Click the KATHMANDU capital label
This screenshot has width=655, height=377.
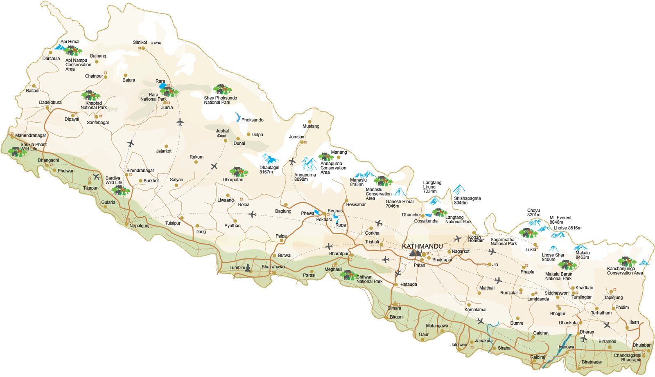[422, 246]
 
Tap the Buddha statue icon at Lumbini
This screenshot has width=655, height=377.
[247, 268]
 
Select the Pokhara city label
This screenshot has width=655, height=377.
[324, 220]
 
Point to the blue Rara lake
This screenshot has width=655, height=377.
[163, 86]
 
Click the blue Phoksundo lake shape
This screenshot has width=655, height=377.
[237, 118]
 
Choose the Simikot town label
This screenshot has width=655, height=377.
[140, 43]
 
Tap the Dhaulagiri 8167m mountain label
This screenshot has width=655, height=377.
[269, 170]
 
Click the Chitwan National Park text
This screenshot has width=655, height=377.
[369, 279]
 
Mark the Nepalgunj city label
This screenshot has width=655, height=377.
[139, 226]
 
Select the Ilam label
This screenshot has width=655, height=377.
[634, 322]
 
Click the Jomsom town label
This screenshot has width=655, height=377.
[297, 137]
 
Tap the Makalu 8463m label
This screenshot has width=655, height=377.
[582, 255]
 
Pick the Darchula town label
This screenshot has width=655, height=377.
[51, 58]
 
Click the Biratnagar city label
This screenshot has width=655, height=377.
[592, 362]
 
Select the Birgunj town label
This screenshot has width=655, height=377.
[397, 317]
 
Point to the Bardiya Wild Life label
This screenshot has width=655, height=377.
[114, 180]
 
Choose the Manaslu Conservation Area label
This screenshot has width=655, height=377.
[378, 194]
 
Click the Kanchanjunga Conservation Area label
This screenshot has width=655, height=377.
[625, 271]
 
